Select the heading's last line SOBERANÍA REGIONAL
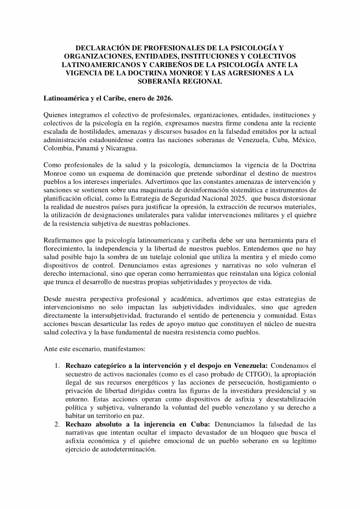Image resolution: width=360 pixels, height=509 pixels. (x=180, y=81)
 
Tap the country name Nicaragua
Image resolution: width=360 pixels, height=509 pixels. (x=122, y=148)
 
